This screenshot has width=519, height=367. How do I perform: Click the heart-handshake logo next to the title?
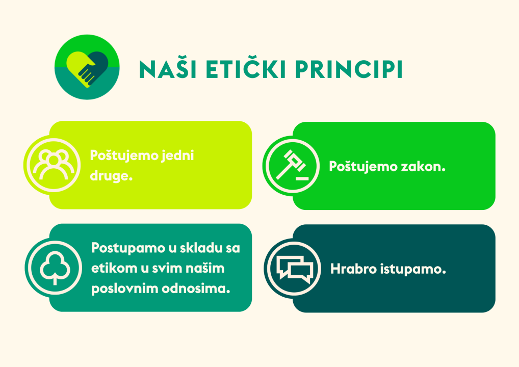(87, 67)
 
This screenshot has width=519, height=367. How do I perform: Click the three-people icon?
(54, 165)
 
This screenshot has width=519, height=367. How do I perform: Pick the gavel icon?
(292, 166)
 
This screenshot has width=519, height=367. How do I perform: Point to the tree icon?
(55, 268)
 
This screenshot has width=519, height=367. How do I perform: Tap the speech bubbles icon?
(294, 269)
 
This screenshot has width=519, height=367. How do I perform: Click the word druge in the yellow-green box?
(111, 176)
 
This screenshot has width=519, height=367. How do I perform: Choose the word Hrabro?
(353, 269)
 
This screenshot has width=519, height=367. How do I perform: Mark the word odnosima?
(196, 289)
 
